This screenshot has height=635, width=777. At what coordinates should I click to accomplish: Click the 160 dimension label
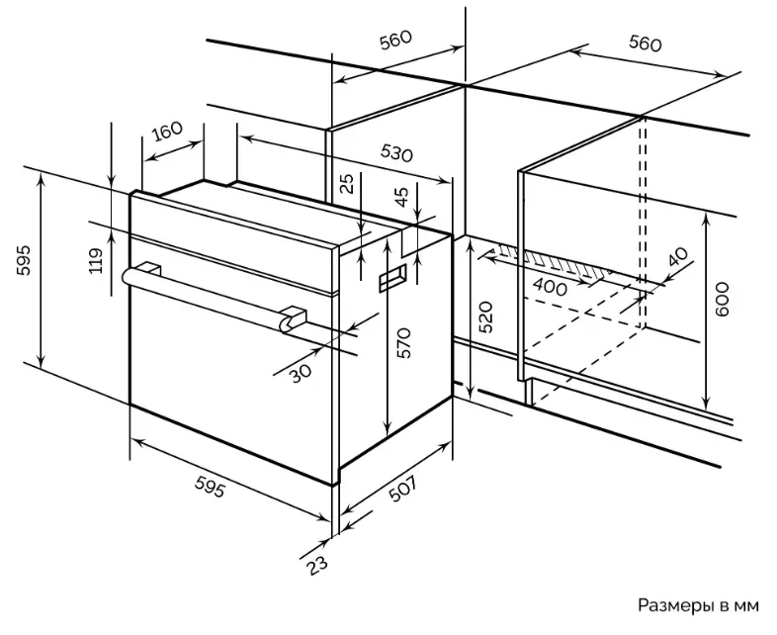click(167, 131)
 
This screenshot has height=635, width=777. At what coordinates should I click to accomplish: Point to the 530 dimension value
click(396, 152)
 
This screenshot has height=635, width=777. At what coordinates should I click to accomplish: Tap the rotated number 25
click(348, 183)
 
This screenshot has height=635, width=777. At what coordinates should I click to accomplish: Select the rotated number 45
click(402, 196)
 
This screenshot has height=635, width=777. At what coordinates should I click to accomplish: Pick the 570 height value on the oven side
click(404, 342)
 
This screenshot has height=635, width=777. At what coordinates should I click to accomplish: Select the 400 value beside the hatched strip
click(549, 288)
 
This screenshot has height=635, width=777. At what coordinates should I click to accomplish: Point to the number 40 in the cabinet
click(678, 257)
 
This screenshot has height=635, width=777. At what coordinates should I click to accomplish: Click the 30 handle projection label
click(301, 373)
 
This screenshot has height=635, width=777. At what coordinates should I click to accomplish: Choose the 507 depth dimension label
click(402, 489)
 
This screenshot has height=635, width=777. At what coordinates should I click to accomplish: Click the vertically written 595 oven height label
click(24, 260)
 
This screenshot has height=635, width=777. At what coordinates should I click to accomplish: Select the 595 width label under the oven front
click(210, 487)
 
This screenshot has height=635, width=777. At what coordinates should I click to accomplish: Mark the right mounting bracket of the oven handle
click(293, 319)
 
